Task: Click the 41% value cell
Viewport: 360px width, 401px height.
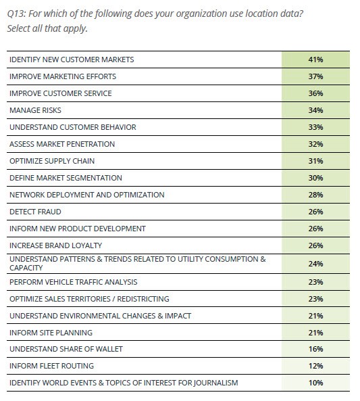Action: [x=315, y=60]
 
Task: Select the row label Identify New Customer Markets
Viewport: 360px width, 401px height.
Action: [x=72, y=60]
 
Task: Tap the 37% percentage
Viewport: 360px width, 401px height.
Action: [x=315, y=76]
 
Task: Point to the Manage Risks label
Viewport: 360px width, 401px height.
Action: [x=35, y=110]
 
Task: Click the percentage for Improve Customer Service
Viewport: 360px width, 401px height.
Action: [x=315, y=93]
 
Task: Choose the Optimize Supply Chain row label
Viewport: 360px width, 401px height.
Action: [x=52, y=161]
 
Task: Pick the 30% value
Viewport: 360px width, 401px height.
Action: [x=315, y=178]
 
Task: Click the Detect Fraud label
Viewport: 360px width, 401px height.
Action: [x=35, y=212]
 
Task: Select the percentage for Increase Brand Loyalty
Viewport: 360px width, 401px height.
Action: [x=315, y=245]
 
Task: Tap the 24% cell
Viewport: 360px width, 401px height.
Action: [x=315, y=264]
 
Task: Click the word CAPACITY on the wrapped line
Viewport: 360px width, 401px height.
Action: [x=26, y=268]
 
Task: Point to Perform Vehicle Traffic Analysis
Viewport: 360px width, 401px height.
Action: [x=74, y=282]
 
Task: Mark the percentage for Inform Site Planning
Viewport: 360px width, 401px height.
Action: [x=315, y=333]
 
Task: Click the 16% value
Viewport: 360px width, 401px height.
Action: [x=315, y=349]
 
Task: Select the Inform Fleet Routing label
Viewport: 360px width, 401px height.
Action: [x=51, y=366]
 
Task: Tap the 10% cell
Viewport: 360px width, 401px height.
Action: [x=315, y=383]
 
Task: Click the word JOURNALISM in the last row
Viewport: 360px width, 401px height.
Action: [x=216, y=383]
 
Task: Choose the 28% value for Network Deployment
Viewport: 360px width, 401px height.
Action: [x=315, y=195]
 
